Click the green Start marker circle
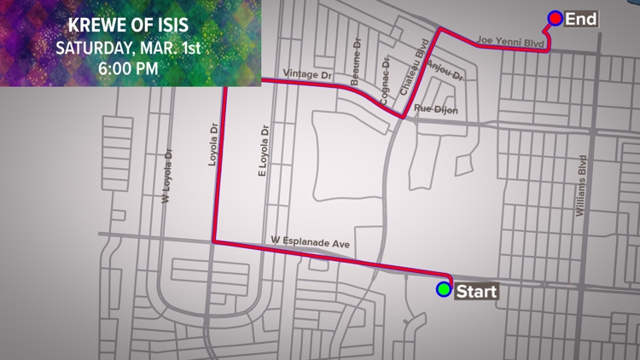443,289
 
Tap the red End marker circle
556,17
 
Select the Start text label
475,291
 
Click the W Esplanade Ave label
311,242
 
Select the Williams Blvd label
582,185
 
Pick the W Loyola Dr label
167,177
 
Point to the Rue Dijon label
436,109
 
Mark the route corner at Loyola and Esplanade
213,241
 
